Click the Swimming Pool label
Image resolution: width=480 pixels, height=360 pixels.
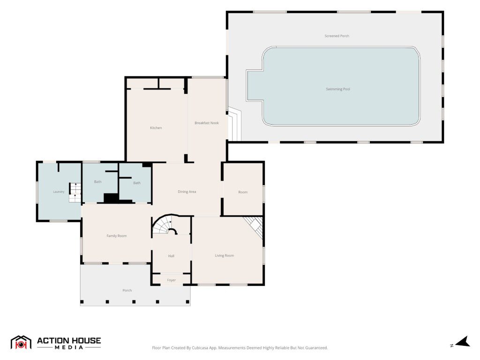(337, 89)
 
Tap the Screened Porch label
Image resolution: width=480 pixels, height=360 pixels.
(337, 36)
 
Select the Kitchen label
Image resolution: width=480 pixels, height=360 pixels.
(156, 127)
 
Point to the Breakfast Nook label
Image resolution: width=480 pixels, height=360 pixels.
(207, 123)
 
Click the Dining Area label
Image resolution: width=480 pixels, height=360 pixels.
(187, 192)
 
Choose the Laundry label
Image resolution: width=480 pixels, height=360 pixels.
(59, 192)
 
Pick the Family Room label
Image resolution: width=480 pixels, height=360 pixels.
(116, 236)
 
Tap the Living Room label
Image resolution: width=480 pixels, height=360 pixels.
(225, 255)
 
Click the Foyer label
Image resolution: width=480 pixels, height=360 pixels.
(172, 280)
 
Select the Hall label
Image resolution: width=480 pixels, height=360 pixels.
(171, 256)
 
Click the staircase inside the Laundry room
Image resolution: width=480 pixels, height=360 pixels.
(75, 192)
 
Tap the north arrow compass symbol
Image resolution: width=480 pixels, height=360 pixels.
(463, 342)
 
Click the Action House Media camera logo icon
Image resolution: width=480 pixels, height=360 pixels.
(21, 343)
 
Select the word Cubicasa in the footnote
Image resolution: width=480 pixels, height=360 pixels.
(200, 348)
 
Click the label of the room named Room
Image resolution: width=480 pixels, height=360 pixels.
(243, 192)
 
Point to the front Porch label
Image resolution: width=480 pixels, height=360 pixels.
(127, 290)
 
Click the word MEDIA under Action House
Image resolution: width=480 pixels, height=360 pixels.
(69, 347)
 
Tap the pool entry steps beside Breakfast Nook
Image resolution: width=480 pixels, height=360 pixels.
(234, 124)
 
